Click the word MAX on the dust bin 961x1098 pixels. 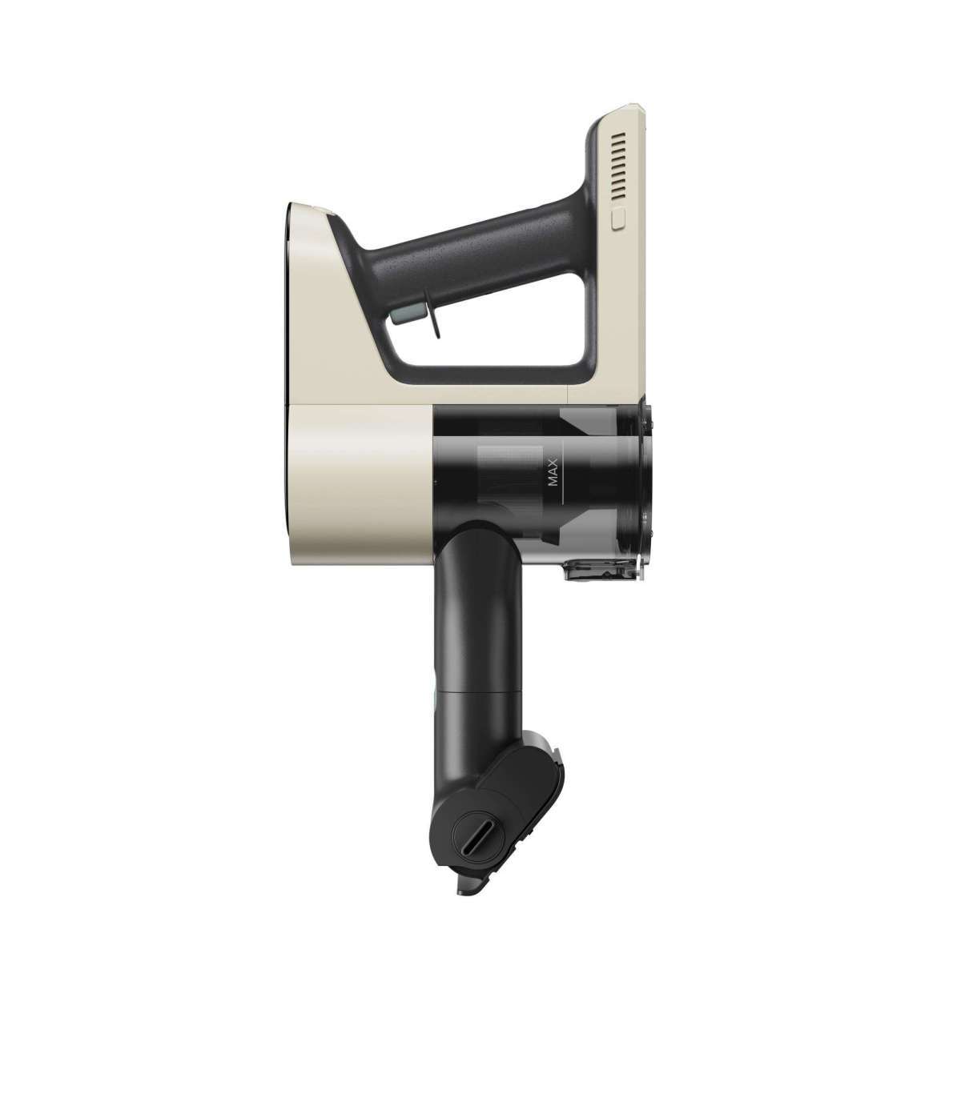coord(553,472)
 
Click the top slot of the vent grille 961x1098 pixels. coord(619,134)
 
